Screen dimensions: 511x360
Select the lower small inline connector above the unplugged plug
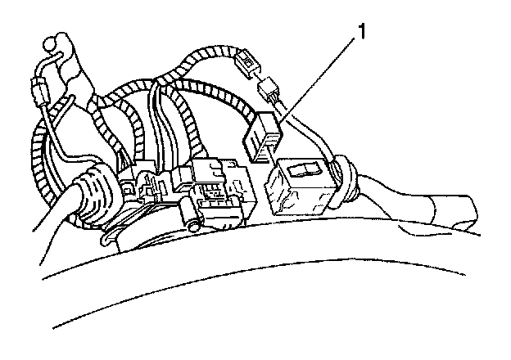pyautogui.click(x=267, y=87)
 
